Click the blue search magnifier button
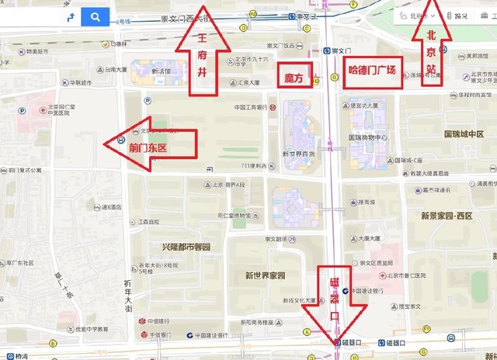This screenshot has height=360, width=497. point(95,16)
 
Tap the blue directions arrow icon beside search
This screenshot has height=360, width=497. point(71,16)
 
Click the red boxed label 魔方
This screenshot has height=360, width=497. point(294,76)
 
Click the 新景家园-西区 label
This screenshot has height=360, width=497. point(447,215)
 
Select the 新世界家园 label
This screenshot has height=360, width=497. point(265,275)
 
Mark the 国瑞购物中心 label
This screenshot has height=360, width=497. point(371,138)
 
